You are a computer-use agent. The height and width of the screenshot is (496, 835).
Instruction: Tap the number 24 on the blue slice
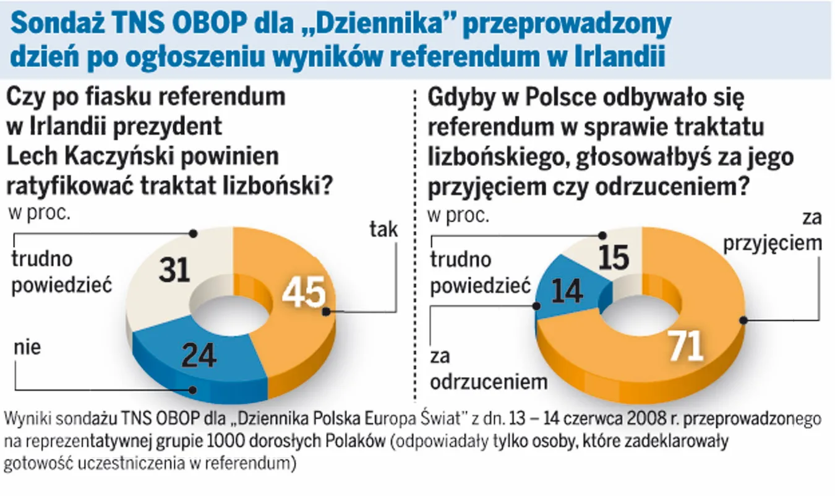tap(199, 355)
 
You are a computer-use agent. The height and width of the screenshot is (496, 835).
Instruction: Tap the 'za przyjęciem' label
tap(782, 232)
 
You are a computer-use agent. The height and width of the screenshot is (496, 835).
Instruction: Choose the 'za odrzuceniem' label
tap(489, 370)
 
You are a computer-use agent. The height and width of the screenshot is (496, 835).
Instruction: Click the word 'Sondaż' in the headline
tap(59, 25)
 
